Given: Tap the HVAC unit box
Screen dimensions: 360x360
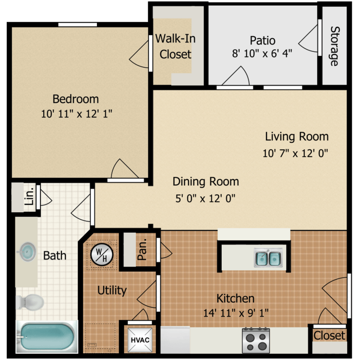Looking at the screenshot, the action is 140,340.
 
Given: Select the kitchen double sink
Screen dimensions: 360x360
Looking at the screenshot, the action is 268,258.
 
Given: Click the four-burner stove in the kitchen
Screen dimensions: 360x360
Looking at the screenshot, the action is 256,341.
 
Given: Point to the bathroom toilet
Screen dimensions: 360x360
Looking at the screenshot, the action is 30,302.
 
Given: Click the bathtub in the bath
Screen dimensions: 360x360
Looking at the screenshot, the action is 47,336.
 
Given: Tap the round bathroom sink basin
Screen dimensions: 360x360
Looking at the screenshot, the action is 27,252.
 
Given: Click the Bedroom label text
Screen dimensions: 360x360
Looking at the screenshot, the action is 75,99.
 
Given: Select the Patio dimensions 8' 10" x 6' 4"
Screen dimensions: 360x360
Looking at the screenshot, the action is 262,53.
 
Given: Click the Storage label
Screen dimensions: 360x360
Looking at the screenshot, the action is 335,46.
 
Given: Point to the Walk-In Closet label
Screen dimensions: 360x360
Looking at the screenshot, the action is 175,47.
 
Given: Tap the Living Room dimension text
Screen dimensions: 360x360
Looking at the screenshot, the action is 295,153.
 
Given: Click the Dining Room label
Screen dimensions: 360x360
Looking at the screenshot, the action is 206,181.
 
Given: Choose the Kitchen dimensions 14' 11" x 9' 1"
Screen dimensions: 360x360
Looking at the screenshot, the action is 236,312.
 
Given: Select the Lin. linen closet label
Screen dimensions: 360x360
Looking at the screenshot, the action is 29,196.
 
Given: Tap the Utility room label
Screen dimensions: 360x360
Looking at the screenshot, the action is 112,290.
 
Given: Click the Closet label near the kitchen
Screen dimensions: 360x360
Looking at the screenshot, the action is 329,336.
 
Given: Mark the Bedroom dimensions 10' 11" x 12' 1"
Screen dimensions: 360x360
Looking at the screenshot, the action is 76,114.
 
